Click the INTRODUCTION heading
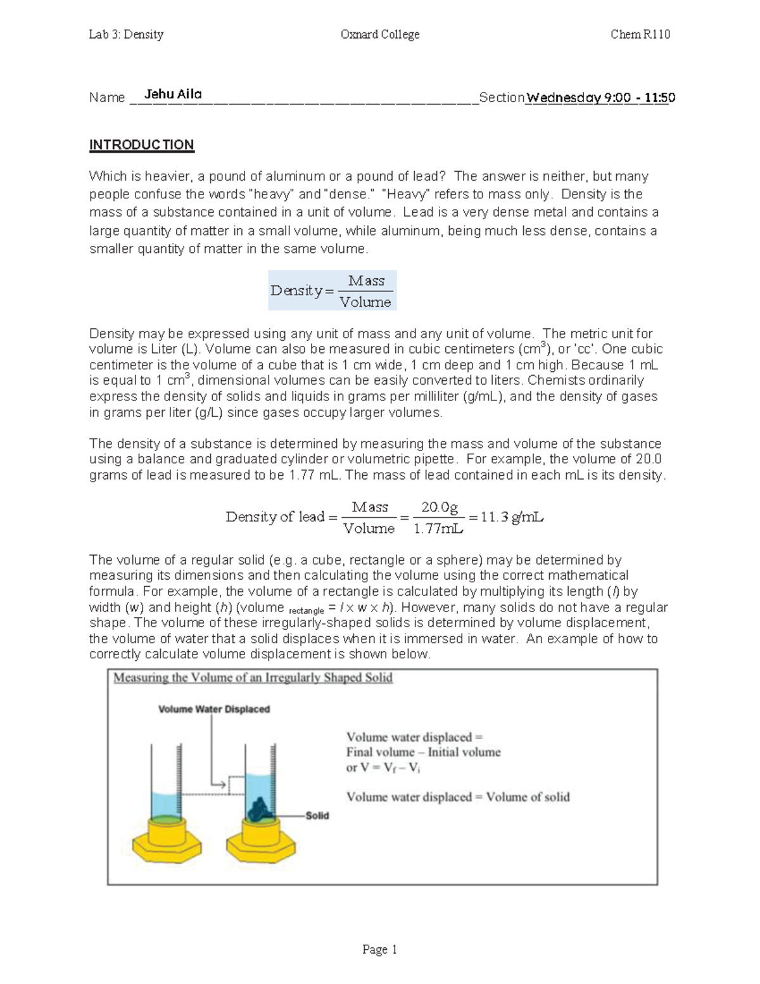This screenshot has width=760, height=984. (141, 145)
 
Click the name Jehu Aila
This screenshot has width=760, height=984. (173, 94)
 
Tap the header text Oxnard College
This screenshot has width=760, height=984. (380, 34)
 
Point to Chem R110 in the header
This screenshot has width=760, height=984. (640, 34)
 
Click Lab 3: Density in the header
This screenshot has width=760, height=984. (126, 34)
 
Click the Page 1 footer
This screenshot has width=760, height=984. (379, 949)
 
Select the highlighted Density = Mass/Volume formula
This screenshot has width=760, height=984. (332, 291)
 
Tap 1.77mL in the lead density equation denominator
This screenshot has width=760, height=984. (438, 528)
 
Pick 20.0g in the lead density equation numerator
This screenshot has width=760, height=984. (440, 507)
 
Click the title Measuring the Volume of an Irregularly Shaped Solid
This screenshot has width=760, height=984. (253, 678)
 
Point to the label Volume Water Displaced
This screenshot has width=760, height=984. (214, 709)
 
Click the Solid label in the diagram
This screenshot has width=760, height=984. (317, 815)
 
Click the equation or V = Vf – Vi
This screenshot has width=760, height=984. (383, 768)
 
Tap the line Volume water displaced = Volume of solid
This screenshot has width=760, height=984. (458, 797)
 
